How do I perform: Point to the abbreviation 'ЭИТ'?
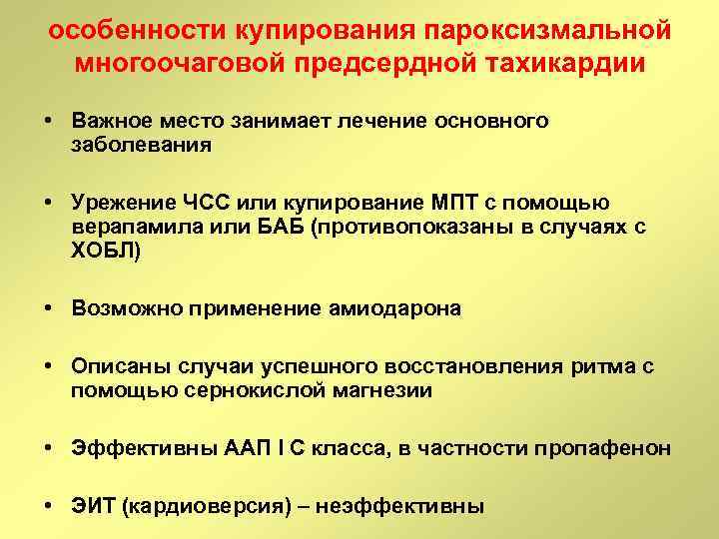92,507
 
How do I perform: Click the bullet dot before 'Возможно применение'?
48,308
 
